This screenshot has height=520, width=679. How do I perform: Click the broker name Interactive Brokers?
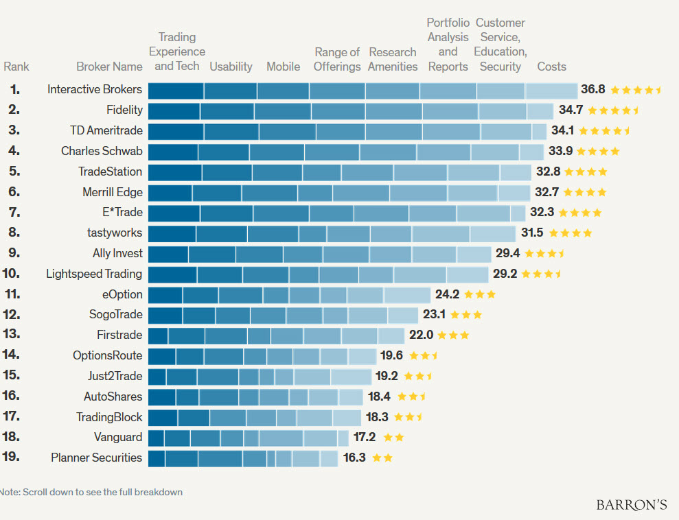(x=95, y=89)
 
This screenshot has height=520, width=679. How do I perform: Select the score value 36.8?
(x=592, y=89)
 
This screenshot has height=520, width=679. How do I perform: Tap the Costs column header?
(x=552, y=67)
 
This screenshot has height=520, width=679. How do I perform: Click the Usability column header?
(x=231, y=67)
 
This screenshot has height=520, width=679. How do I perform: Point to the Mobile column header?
(x=283, y=67)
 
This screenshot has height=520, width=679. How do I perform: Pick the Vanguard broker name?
(x=118, y=437)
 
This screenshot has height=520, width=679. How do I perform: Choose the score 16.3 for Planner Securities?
(x=354, y=458)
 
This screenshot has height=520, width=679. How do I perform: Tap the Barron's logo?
(x=632, y=504)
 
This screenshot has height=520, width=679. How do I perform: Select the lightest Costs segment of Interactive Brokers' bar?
(x=551, y=90)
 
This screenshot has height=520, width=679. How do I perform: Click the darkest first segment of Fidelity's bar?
(x=174, y=110)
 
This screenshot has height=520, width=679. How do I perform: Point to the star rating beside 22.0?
(x=453, y=335)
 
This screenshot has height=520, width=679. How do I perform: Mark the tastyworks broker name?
(x=116, y=233)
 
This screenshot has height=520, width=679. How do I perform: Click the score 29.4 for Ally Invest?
(x=507, y=253)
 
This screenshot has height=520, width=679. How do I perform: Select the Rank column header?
(x=16, y=67)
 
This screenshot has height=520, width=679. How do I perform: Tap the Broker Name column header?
(x=110, y=67)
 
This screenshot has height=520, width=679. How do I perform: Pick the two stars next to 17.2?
(x=393, y=437)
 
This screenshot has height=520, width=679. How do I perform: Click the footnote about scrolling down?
(x=91, y=492)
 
